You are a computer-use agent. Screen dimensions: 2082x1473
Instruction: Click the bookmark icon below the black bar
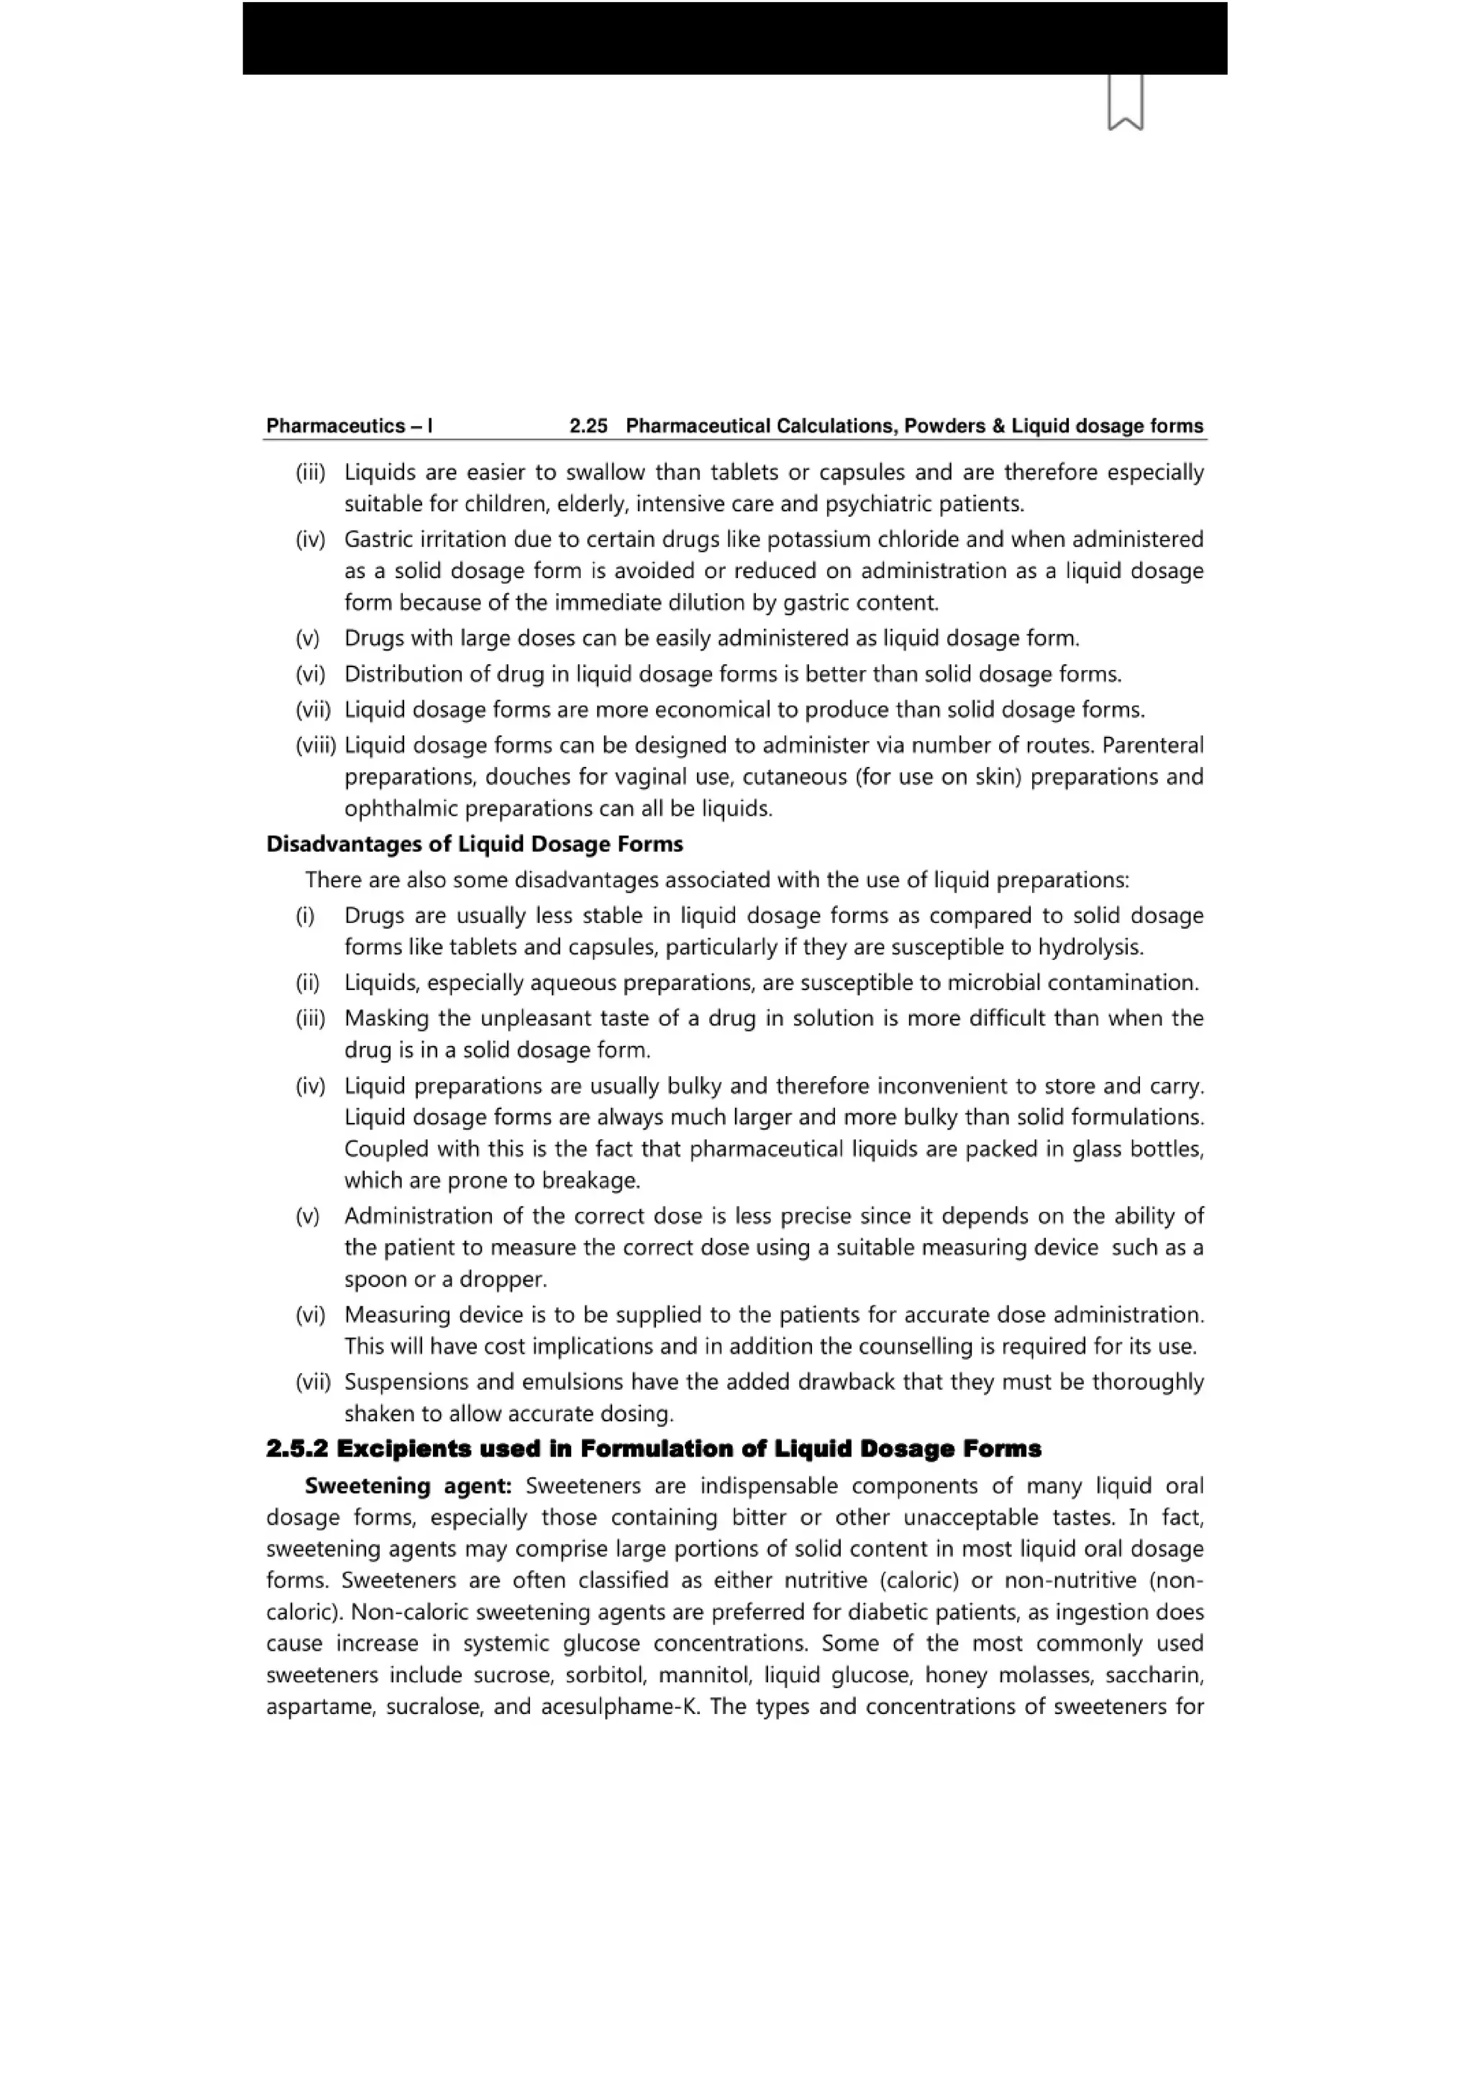click(x=1125, y=101)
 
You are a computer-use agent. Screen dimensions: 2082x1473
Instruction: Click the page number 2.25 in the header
click(x=588, y=426)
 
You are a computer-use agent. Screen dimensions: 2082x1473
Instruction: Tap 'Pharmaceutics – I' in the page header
click(x=350, y=426)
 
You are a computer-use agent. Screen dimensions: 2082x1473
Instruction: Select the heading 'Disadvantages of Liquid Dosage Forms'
click(x=475, y=844)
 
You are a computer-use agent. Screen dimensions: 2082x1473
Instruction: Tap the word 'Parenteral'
click(x=1153, y=746)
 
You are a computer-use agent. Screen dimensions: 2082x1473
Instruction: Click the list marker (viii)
click(x=316, y=746)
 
